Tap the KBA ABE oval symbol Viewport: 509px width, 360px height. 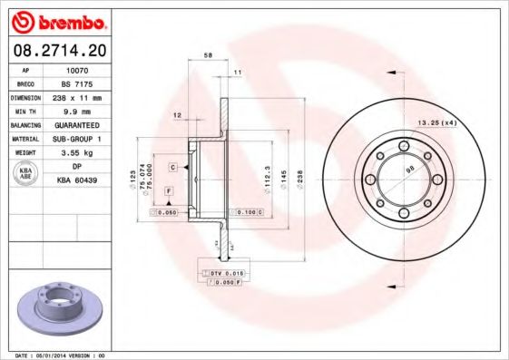26,174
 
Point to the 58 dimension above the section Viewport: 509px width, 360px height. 209,56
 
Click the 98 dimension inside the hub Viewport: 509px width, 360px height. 409,170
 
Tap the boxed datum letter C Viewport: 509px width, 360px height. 171,168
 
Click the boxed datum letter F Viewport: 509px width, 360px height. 169,190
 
